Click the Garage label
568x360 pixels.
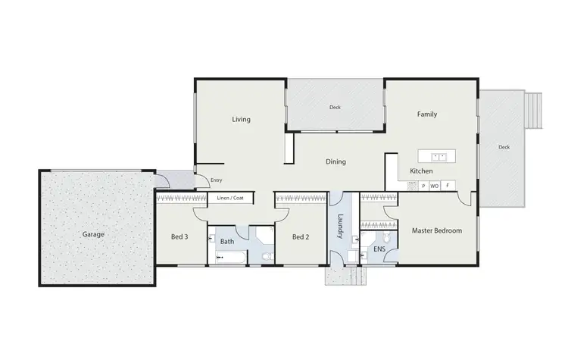tap(93, 234)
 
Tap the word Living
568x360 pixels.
tap(241, 120)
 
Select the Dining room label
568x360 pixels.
tap(335, 161)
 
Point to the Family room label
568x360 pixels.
tap(427, 114)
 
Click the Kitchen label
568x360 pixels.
tap(421, 172)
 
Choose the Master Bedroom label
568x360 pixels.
tap(436, 230)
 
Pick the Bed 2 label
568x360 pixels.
tap(300, 237)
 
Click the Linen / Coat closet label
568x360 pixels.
tap(229, 199)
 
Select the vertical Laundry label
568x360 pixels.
tap(341, 225)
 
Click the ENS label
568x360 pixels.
tap(379, 248)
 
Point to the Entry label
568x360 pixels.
tap(217, 180)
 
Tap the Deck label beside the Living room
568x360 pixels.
tap(334, 108)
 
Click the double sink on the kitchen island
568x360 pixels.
tap(438, 157)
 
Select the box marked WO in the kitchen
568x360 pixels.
tap(435, 186)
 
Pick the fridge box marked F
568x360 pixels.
tap(448, 186)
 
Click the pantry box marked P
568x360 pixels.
tap(423, 186)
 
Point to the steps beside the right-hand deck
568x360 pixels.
tap(535, 111)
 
